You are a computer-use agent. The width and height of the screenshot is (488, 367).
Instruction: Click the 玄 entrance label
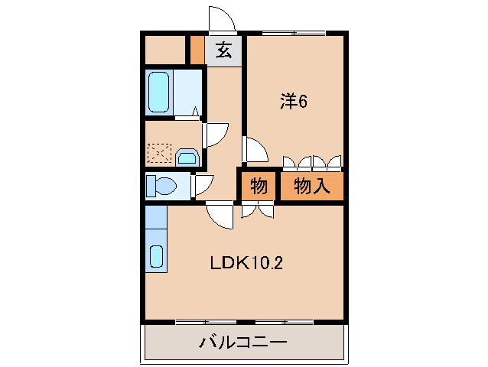pyautogui.click(x=223, y=51)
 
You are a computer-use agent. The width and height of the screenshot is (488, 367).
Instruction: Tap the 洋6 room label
pyautogui.click(x=293, y=101)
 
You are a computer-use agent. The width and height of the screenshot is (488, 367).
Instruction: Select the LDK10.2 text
pyautogui.click(x=248, y=263)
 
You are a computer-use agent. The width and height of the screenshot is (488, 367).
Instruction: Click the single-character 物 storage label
pyautogui.click(x=259, y=185)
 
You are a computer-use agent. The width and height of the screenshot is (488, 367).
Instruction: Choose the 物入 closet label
pyautogui.click(x=311, y=185)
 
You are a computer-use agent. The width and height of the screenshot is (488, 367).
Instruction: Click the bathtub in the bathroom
pyautogui.click(x=158, y=93)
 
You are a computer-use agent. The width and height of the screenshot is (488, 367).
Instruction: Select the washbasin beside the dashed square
pyautogui.click(x=187, y=158)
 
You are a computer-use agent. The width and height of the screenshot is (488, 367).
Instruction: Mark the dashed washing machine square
pyautogui.click(x=161, y=154)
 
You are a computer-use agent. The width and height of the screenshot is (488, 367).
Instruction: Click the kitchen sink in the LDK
pyautogui.click(x=157, y=256)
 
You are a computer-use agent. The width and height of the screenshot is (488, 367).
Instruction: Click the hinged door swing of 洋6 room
pyautogui.click(x=255, y=150)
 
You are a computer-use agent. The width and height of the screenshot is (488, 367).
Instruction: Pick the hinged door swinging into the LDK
pyautogui.click(x=220, y=214)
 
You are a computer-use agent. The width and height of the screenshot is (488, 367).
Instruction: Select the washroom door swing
pyautogui.click(x=215, y=135)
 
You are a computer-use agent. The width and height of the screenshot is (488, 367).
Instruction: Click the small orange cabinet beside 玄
pyautogui.click(x=197, y=50)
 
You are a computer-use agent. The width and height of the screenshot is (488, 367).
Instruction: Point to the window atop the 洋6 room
pyautogui.click(x=293, y=33)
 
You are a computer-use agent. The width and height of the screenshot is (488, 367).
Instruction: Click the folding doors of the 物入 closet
pyautogui.click(x=312, y=162)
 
